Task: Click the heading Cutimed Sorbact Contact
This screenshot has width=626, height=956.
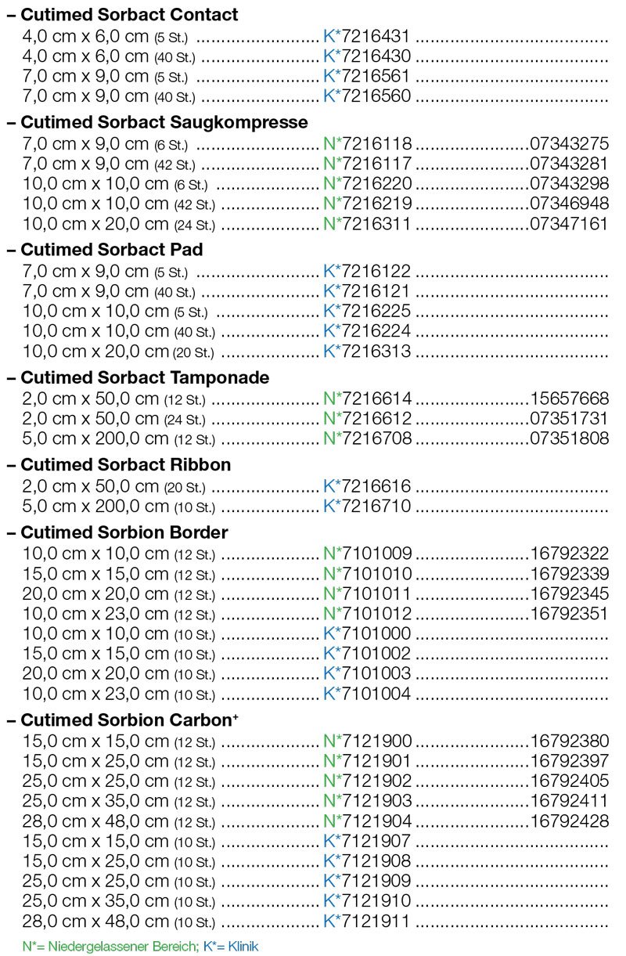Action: coord(129,15)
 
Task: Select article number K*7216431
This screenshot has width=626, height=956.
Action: coord(367,36)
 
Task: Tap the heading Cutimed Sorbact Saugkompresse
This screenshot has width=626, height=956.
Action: coord(164,122)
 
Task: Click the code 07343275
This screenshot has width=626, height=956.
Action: coord(569,143)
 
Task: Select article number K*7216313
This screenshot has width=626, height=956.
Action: coord(367,352)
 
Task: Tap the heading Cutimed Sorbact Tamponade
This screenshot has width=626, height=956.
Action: coord(145,377)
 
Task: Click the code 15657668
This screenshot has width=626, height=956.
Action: coord(569,399)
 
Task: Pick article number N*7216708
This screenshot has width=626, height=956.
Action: coord(367,439)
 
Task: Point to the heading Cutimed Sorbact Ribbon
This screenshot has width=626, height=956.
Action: coord(125,464)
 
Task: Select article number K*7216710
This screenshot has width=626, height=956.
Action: coord(367,506)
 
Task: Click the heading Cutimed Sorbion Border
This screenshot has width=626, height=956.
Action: coord(124,532)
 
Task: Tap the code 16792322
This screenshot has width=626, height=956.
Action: coord(569,554)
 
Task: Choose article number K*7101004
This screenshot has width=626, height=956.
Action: coord(367,693)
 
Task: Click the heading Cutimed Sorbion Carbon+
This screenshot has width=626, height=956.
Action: coord(130,720)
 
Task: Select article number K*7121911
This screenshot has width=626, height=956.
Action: coord(367,921)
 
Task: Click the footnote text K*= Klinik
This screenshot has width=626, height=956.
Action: coord(231,947)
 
